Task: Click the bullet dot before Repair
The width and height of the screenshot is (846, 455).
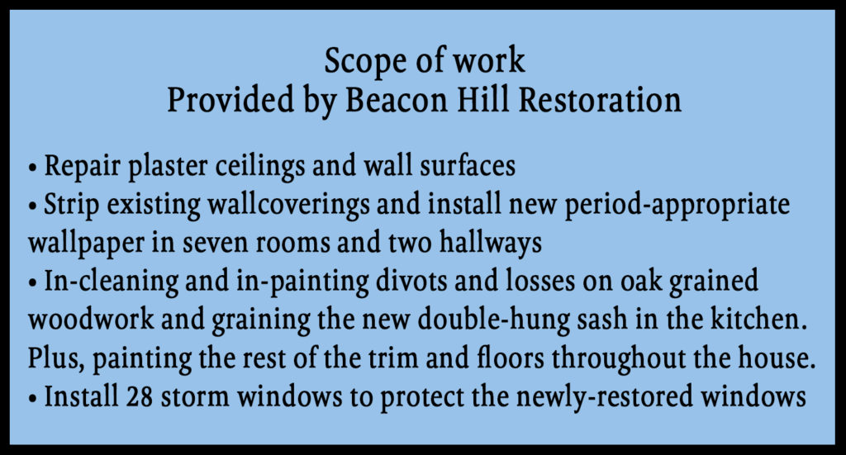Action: click(33, 168)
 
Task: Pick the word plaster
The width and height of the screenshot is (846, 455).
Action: click(168, 166)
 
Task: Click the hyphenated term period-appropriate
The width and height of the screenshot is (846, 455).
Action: click(677, 205)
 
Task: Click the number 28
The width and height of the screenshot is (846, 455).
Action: click(140, 396)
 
